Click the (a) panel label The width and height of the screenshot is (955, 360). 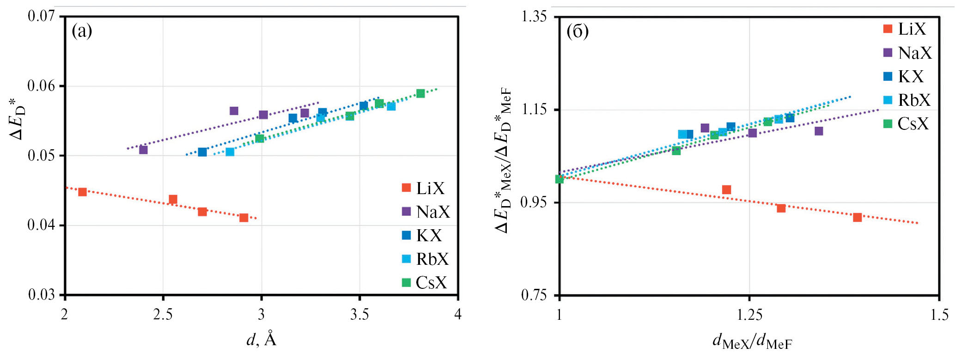pyautogui.click(x=82, y=31)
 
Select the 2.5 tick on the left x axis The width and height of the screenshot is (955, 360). pyautogui.click(x=163, y=315)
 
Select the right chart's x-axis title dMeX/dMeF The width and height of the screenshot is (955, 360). pyautogui.click(x=752, y=342)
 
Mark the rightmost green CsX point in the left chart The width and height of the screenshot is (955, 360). pyautogui.click(x=420, y=93)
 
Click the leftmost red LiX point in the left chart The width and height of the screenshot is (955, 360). pyautogui.click(x=82, y=192)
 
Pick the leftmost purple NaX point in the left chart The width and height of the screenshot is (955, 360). pyautogui.click(x=143, y=150)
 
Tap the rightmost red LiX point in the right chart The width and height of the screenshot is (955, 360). pyautogui.click(x=857, y=217)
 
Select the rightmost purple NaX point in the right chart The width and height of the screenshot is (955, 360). pyautogui.click(x=819, y=131)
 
